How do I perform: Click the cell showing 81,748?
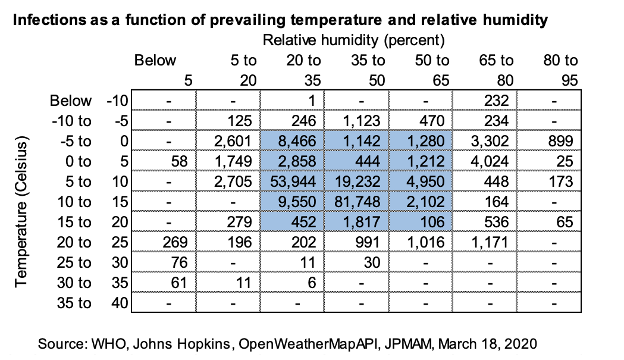point(357,202)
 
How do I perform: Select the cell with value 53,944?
point(293,181)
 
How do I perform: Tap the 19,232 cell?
point(357,181)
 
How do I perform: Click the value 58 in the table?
point(179,161)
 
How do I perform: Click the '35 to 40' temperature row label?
point(92,303)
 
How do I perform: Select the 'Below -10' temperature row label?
point(89,101)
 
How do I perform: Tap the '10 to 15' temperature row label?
point(92,202)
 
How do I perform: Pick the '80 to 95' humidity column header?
point(561,70)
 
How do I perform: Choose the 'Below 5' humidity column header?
point(164,70)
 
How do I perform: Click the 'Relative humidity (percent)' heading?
point(353,40)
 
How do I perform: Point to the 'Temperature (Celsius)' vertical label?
point(21,212)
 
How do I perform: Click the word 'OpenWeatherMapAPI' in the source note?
point(308,343)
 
